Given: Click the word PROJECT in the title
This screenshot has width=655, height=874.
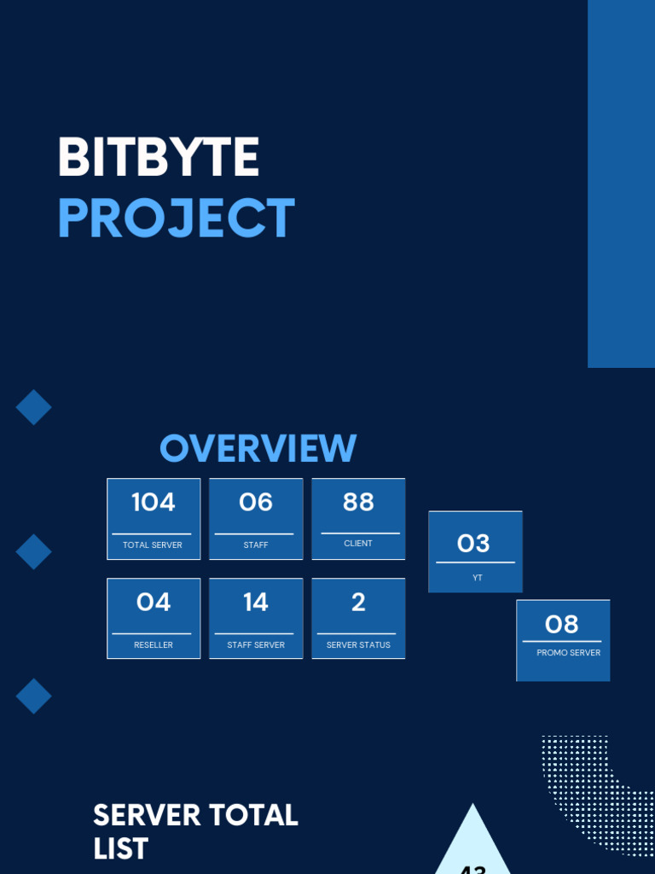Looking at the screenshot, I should click(x=177, y=218).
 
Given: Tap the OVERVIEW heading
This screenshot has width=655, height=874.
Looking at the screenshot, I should click(x=258, y=449).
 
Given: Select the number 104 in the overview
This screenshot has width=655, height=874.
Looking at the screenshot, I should click(x=154, y=503).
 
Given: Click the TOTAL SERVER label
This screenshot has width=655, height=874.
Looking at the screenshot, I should click(x=153, y=545).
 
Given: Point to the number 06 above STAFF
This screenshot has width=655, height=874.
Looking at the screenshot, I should click(x=256, y=503).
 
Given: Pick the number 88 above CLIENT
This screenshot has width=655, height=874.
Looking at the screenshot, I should click(x=358, y=503).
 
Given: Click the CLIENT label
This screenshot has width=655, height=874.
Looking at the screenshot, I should click(x=358, y=544).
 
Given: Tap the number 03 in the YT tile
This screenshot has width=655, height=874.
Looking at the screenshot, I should click(x=474, y=544).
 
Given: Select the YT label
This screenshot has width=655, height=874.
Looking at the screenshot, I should click(x=478, y=578).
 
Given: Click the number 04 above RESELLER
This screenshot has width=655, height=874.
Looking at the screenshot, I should click(x=154, y=603).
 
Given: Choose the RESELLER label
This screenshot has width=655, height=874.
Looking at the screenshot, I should click(x=154, y=645).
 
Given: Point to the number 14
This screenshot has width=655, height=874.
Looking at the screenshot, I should click(x=256, y=603).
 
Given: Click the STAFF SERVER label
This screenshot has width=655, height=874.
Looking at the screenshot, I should click(x=256, y=645).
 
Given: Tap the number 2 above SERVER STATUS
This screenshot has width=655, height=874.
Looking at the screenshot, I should click(x=358, y=603).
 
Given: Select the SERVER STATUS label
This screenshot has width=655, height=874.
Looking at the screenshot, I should click(x=358, y=645).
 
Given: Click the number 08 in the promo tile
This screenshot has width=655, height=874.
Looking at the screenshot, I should click(x=562, y=625).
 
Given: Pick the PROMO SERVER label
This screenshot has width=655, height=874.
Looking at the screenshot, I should click(x=569, y=653).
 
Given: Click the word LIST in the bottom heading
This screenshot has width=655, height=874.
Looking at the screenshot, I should click(x=120, y=849).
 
